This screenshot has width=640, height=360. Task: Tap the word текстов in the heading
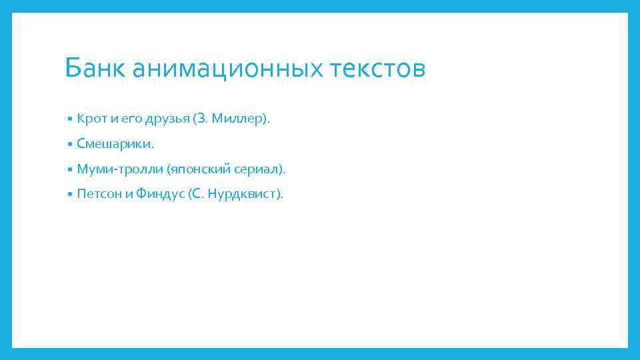pos(376,68)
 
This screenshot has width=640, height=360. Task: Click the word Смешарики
pos(113,144)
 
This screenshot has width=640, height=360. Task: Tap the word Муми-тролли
pos(117,169)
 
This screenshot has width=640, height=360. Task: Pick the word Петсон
pos(99,194)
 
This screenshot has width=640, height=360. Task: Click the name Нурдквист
pos(244,194)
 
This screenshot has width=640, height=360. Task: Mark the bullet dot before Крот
pos(70,119)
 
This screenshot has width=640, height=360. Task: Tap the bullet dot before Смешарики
pos(70,145)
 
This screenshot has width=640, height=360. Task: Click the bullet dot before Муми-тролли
pos(70,169)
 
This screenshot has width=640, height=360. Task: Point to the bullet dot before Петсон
pos(70,195)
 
